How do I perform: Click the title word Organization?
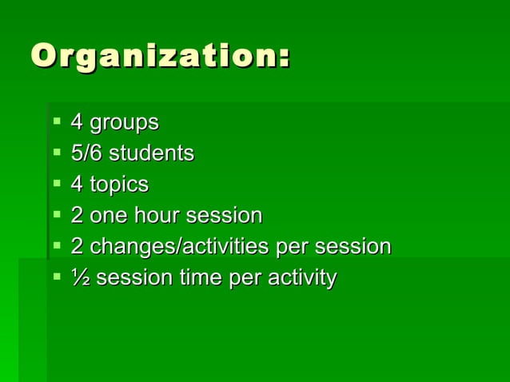[160, 58]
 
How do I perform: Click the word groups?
[124, 123]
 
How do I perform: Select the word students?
[151, 153]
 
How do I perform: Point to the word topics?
[119, 185]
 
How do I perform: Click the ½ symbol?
[80, 278]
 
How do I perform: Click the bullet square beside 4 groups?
[57, 122]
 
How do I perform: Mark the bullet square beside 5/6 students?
[57, 152]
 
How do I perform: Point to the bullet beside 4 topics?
[57, 184]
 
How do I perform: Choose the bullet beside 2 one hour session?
[57, 215]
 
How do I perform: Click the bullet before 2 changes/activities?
[57, 246]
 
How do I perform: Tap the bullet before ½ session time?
[57, 277]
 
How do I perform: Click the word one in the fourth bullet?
[107, 216]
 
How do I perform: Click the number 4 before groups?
[77, 123]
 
